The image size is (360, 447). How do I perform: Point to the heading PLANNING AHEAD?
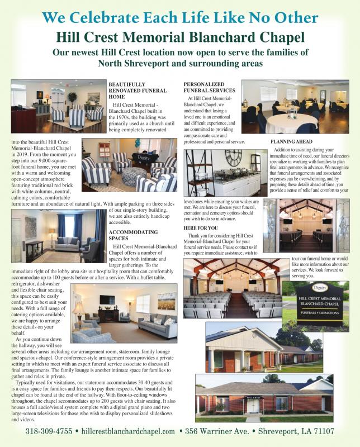291,142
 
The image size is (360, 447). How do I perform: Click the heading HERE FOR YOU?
201,229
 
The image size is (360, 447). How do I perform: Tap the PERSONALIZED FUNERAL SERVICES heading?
209,87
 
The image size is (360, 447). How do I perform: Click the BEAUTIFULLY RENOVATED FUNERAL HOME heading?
137,91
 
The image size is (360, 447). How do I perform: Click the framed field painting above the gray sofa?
166,301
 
